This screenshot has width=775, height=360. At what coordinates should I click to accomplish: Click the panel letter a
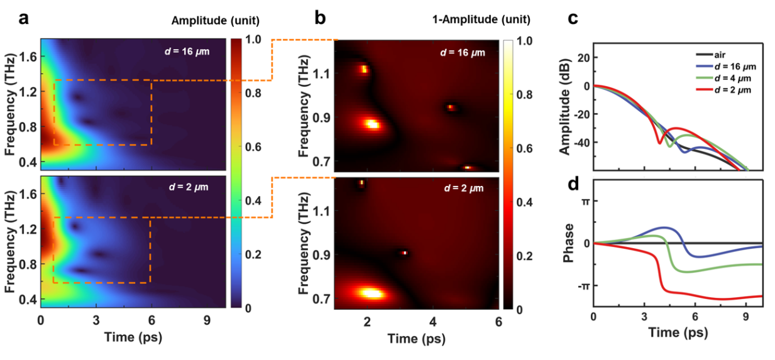[x=24, y=18]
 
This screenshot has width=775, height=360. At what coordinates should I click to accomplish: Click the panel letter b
[x=320, y=18]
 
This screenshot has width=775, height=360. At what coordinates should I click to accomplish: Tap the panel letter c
[x=573, y=18]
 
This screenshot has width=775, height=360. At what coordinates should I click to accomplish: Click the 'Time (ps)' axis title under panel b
[x=417, y=339]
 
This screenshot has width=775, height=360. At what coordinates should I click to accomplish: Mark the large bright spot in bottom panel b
[x=368, y=293]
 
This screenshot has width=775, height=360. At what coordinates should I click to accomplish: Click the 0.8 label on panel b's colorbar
[x=522, y=94]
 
